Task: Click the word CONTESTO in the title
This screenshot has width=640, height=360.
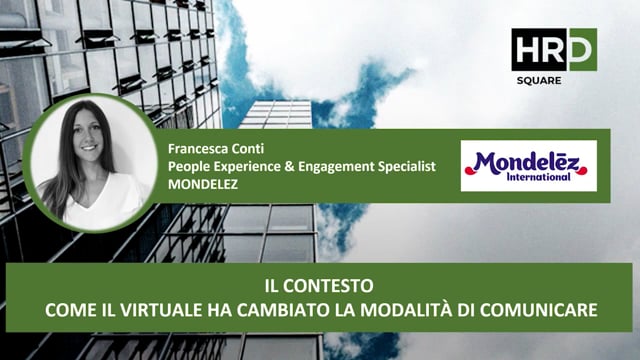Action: point(331,288)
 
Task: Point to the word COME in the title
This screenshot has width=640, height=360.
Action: point(67,309)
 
